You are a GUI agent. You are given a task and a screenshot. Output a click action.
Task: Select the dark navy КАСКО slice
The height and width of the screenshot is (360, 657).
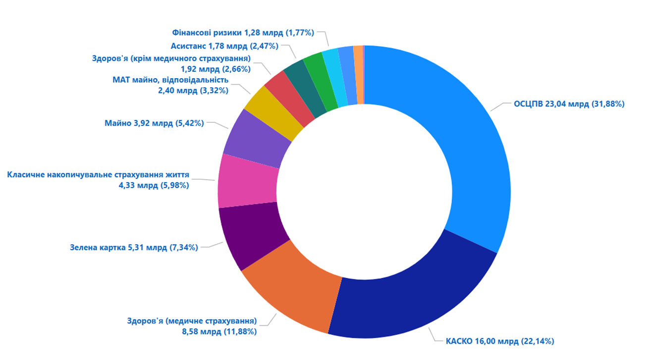[411, 297]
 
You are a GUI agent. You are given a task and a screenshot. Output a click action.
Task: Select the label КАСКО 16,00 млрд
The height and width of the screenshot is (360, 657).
[499, 341]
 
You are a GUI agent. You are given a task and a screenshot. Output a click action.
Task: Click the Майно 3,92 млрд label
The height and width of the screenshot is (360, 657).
[154, 123]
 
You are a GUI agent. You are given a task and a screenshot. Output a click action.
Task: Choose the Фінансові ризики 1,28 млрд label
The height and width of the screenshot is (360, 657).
[243, 33]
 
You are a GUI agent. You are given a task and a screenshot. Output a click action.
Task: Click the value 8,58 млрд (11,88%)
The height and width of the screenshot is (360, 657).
[219, 331]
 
